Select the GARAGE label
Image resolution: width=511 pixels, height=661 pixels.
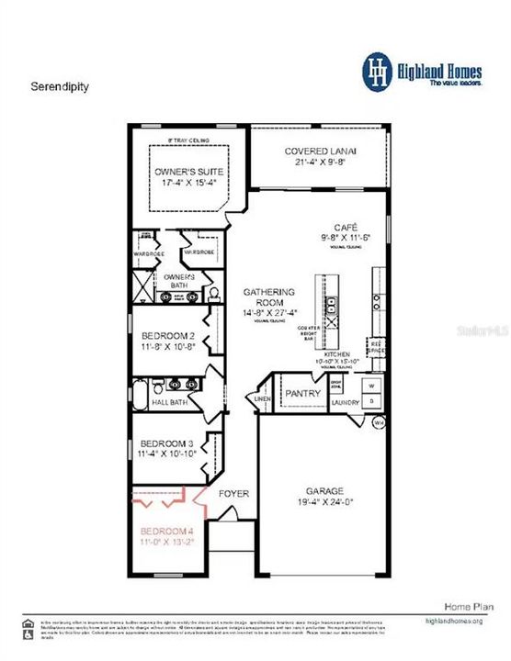coord(321,496)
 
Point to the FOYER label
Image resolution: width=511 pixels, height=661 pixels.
coord(233,494)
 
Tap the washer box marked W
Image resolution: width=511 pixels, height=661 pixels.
coord(370,385)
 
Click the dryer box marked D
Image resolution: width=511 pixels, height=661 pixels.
coord(370,401)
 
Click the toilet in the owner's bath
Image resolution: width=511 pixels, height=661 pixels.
coord(213,293)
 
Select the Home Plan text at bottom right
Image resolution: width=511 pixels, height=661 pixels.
coord(459,608)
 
